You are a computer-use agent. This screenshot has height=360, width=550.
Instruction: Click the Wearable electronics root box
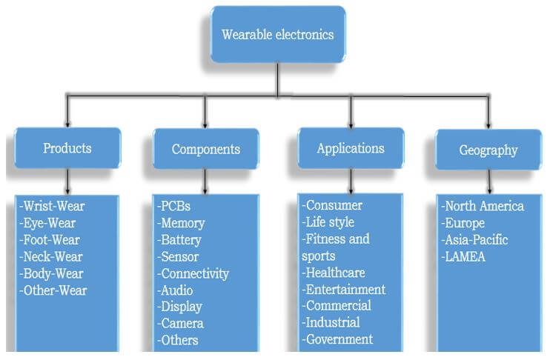tap(278, 34)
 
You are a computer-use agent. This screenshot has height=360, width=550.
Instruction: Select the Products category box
tap(67, 148)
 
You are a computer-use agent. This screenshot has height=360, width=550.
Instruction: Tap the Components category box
tap(206, 149)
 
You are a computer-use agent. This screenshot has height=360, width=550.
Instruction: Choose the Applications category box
tap(351, 148)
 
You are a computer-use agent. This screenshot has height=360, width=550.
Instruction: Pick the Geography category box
tap(488, 150)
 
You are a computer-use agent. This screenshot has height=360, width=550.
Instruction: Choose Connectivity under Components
tap(193, 273)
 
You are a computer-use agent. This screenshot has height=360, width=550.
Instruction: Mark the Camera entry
tap(181, 323)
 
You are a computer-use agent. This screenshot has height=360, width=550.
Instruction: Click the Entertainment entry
tap(344, 289)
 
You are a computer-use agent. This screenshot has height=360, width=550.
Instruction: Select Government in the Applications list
tap(337, 339)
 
